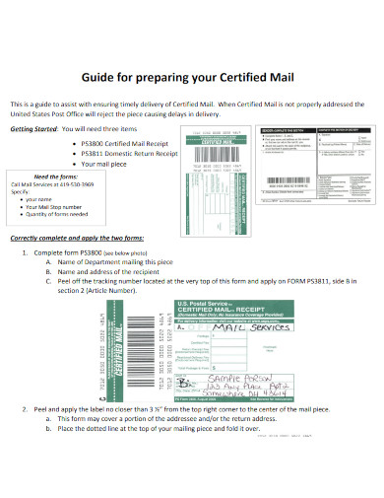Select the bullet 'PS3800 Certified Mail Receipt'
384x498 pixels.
click(x=120, y=143)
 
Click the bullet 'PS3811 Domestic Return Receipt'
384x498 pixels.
click(x=125, y=153)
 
